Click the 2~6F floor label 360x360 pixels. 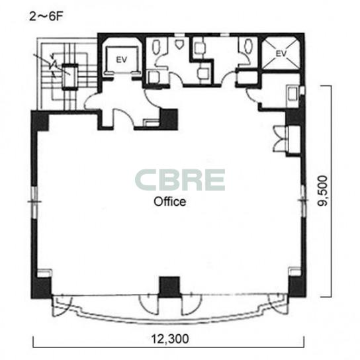[46, 17]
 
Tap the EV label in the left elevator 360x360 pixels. [122, 60]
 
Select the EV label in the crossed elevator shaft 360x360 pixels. [281, 54]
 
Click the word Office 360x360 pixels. [170, 202]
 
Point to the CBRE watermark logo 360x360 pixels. [180, 180]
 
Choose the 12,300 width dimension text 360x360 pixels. [170, 339]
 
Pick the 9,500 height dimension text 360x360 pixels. [323, 191]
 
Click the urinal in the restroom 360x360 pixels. [179, 44]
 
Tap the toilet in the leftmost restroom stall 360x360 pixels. [156, 47]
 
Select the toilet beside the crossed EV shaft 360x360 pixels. [248, 46]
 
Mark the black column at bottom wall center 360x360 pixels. [169, 287]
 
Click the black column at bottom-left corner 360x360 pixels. [41, 287]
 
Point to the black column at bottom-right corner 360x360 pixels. [297, 287]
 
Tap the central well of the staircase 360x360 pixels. [70, 76]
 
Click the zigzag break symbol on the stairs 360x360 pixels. [53, 66]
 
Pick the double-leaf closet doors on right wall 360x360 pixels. [280, 139]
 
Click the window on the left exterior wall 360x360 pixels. [34, 202]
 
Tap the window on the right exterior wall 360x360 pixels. [303, 201]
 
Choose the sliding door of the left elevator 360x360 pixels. [122, 73]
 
